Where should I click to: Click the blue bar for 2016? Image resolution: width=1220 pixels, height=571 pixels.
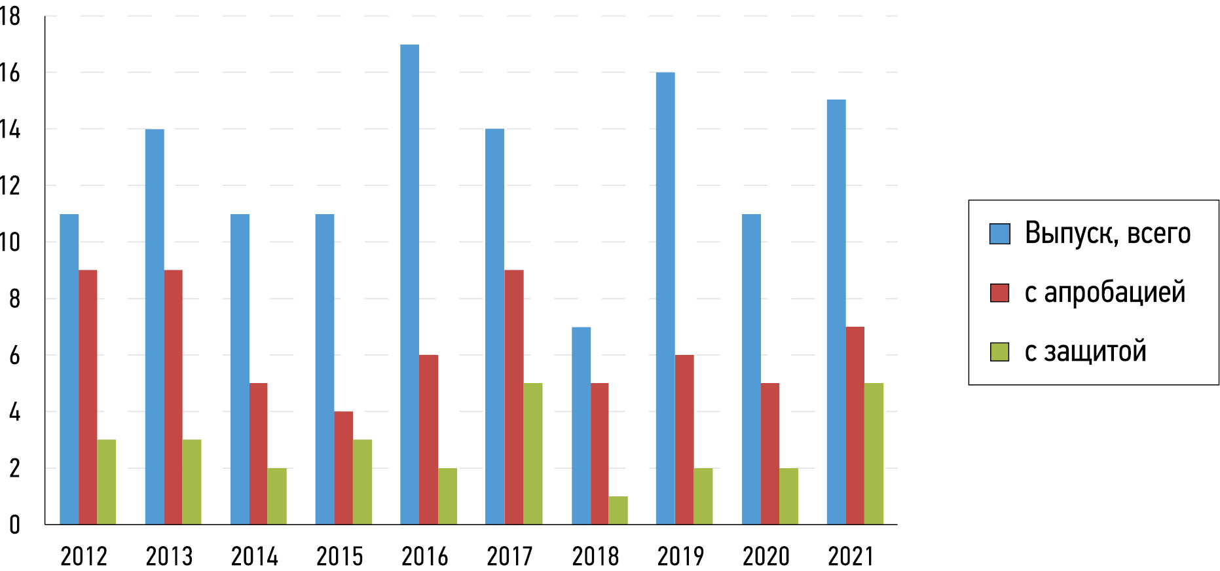click(409, 284)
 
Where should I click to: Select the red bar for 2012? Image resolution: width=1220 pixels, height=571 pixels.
click(88, 397)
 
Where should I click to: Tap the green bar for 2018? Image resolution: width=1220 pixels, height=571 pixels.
click(618, 510)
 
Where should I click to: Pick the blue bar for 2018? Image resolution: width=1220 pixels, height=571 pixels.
click(581, 426)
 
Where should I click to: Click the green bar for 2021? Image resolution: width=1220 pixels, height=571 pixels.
click(874, 453)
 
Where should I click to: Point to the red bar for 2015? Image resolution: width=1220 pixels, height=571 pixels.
click(343, 468)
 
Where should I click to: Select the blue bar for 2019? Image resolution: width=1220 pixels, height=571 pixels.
click(665, 298)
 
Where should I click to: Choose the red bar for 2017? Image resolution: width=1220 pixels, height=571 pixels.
click(514, 397)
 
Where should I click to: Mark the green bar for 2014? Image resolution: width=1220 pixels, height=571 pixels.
click(277, 496)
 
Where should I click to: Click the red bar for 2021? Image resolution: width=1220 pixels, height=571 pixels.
click(855, 426)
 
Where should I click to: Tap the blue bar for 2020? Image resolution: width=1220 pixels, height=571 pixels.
click(751, 369)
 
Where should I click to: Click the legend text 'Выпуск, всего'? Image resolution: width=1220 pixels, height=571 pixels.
click(1107, 233)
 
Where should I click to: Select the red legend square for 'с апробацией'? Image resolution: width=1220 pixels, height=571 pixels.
click(999, 293)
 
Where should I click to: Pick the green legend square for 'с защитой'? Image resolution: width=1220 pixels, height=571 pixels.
click(999, 352)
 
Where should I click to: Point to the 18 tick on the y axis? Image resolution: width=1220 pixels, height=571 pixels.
click(10, 16)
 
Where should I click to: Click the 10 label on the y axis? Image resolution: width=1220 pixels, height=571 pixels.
click(10, 242)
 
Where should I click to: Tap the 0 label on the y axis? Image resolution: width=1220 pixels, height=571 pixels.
click(14, 525)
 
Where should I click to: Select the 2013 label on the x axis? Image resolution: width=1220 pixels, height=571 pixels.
click(169, 557)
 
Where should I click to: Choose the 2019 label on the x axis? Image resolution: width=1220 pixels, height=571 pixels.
click(680, 557)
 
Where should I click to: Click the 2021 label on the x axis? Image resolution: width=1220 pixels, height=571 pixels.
click(851, 557)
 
